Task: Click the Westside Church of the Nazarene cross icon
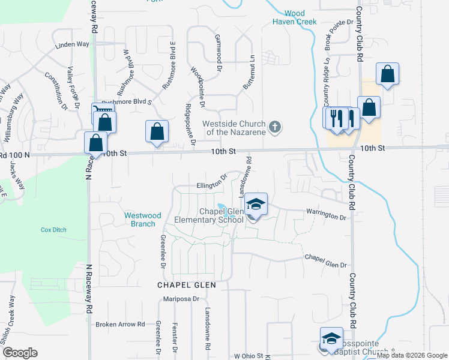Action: pyautogui.click(x=275, y=127)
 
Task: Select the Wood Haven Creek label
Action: pyautogui.click(x=294, y=17)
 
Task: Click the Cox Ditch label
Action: pyautogui.click(x=53, y=230)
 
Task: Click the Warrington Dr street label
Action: pyautogui.click(x=327, y=214)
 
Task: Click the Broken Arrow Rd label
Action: pyautogui.click(x=121, y=324)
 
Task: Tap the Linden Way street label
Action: pyautogui.click(x=72, y=45)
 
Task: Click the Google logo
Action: pyautogui.click(x=19, y=353)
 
